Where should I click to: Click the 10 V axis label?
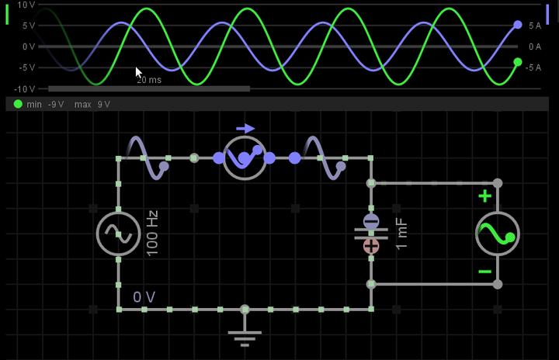[x=26, y=5]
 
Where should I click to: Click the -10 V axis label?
[x=24, y=88]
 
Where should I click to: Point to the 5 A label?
[x=535, y=26]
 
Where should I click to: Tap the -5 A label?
[x=533, y=67]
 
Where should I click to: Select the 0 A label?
[x=535, y=47]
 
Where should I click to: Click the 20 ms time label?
[x=149, y=80]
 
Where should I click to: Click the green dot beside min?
[x=18, y=104]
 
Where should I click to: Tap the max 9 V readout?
[x=92, y=104]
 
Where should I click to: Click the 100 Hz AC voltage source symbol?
[x=118, y=234]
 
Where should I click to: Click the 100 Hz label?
[x=152, y=233]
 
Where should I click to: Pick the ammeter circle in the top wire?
[x=245, y=157]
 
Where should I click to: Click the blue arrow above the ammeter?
[x=245, y=129]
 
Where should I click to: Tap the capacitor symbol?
[x=371, y=234]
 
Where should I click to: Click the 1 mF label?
[x=401, y=234]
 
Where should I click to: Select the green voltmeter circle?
[x=497, y=234]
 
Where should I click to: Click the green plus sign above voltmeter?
[x=484, y=196]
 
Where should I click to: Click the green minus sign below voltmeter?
[x=484, y=272]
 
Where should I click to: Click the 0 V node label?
[x=144, y=297]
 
